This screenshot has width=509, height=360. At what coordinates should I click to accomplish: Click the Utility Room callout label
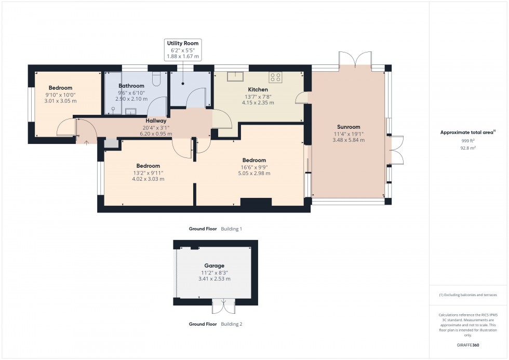coord(183,43)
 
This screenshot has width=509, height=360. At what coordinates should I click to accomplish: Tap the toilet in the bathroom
coord(156,79)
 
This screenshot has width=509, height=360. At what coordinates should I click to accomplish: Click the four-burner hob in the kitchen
coord(275,77)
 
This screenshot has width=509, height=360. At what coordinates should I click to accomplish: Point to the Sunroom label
coord(348,127)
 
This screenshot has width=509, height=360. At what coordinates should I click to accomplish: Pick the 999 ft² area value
coord(468,141)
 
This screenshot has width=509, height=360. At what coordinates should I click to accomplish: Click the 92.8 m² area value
coord(468,148)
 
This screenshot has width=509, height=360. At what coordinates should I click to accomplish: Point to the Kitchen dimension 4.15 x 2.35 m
coord(257,103)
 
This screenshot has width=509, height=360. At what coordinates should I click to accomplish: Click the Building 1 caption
coord(232,229)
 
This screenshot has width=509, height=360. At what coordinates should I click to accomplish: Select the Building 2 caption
coord(232,324)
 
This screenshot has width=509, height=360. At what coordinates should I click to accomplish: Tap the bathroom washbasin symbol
coord(131,110)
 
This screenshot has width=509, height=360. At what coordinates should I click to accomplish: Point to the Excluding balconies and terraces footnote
coord(468,295)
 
